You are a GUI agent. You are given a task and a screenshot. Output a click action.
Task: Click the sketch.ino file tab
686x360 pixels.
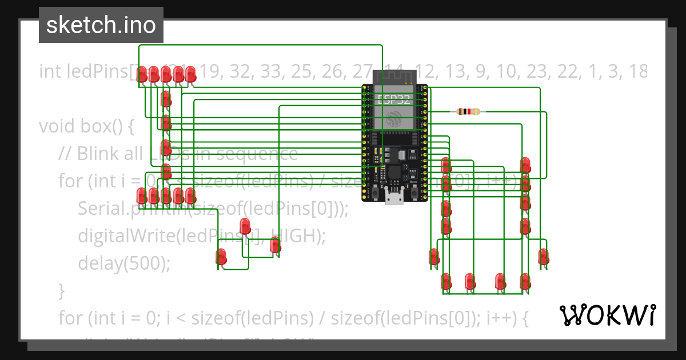[x=101, y=25]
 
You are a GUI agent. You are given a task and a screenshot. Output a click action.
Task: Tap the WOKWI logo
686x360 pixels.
[x=607, y=315]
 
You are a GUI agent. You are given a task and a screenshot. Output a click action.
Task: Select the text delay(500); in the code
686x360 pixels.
[x=124, y=263]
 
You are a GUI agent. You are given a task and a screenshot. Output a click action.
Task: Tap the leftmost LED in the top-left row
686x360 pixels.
[x=141, y=74]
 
